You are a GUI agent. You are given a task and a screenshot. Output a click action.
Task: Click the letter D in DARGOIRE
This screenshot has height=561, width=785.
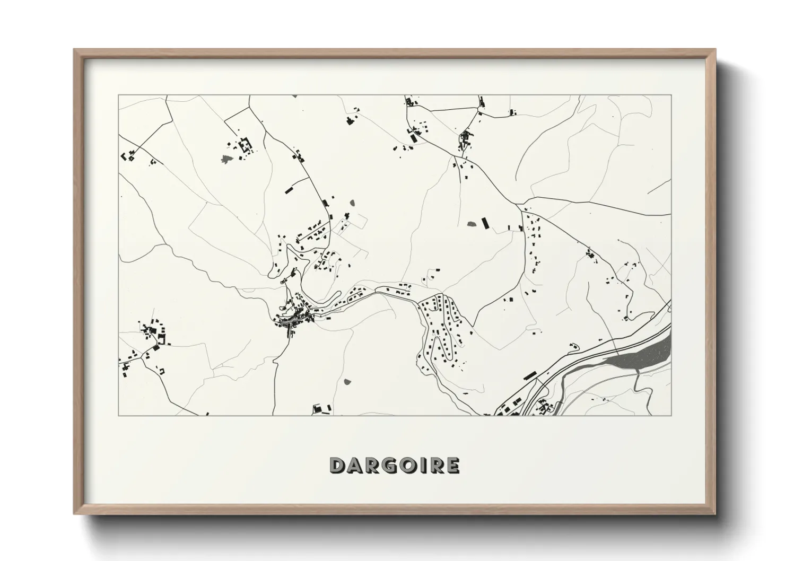tap(338, 465)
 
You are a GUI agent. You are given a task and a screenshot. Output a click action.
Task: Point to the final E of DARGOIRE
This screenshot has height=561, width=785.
tap(452, 465)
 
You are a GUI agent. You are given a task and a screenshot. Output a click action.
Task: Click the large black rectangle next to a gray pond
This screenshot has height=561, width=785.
tap(484, 222)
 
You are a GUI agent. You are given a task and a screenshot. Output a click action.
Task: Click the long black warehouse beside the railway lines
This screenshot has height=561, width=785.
tap(529, 375)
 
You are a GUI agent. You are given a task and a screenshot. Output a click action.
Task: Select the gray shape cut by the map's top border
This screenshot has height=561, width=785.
tap(294, 96)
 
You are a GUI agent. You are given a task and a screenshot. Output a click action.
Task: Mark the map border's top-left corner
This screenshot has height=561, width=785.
tap(118, 95)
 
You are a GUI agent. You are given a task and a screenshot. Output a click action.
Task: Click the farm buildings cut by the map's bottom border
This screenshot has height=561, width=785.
tap(321, 409)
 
